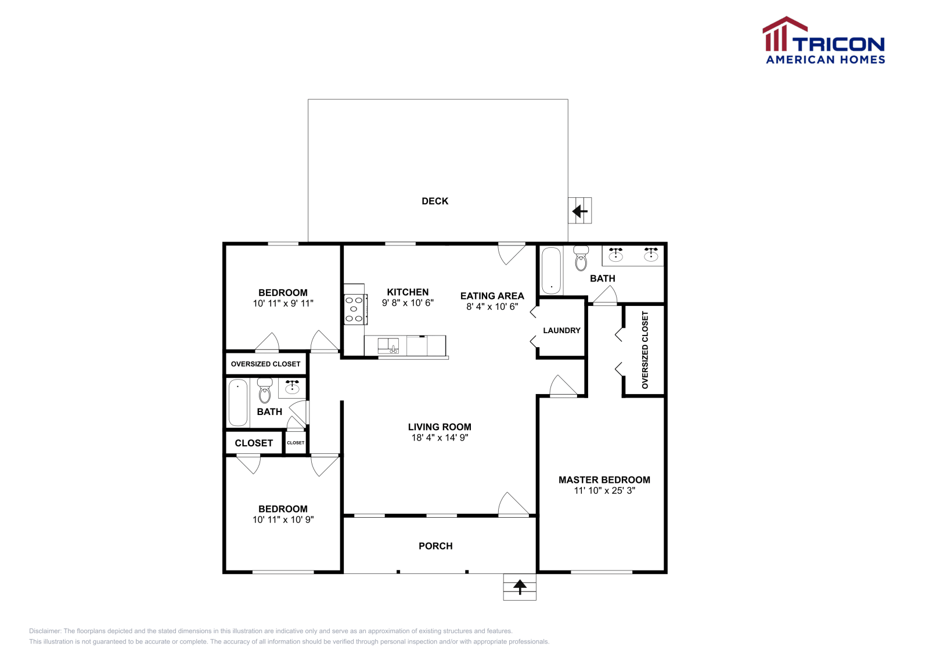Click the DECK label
[x=435, y=201]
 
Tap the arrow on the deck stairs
[x=579, y=211]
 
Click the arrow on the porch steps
[x=520, y=586]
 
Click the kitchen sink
[x=388, y=346]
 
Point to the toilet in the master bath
[x=581, y=259]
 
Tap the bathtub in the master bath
[x=551, y=270]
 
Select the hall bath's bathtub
[x=237, y=402]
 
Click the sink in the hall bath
[x=292, y=387]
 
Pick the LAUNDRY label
[x=561, y=330]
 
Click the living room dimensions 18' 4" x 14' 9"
[x=440, y=438]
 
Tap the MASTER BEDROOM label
[x=604, y=479]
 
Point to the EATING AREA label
[x=492, y=295]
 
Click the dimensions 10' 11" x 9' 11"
[x=283, y=303]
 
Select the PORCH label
[x=435, y=546]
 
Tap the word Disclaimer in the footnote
[x=45, y=631]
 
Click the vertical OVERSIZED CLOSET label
[x=644, y=350]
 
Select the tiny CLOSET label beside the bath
[x=296, y=443]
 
